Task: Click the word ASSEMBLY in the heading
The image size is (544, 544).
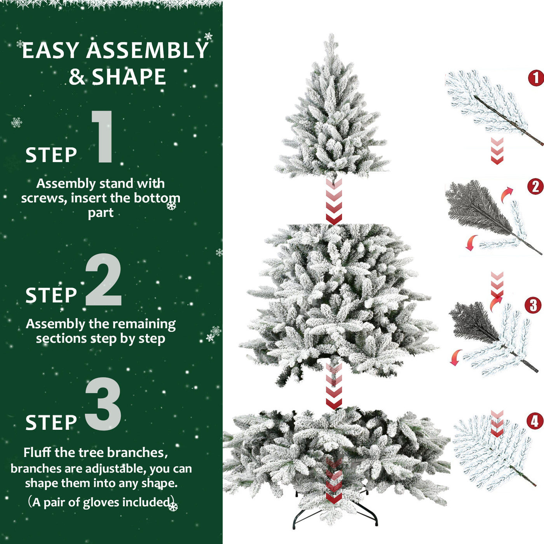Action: tap(147, 51)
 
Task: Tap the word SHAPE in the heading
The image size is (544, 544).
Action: tap(129, 77)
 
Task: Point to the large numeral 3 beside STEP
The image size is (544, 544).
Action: tap(103, 404)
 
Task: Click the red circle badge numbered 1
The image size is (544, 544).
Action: tap(536, 78)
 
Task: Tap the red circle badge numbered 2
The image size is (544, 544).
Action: tap(535, 187)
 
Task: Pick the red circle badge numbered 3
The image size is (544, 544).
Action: tap(533, 305)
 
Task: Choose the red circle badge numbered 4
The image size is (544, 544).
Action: tap(534, 421)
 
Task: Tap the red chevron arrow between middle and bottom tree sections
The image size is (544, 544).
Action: tap(334, 387)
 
